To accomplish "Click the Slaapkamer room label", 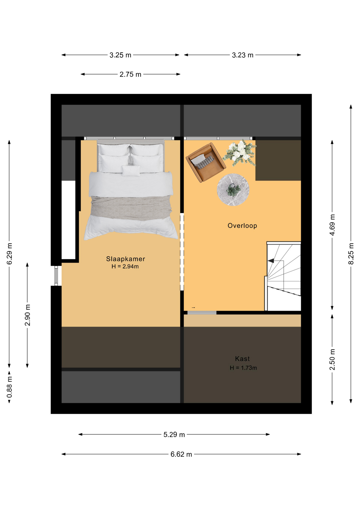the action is [125, 259].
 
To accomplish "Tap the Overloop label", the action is [242, 226].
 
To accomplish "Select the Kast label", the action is [242, 359].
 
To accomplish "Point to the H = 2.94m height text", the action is [125, 266].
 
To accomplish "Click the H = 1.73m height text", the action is [243, 368].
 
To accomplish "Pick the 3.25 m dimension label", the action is [120, 55].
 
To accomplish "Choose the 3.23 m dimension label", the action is [243, 55].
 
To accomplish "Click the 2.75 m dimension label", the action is [130, 74].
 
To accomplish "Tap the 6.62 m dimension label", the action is [181, 454].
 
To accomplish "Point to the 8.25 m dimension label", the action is [351, 254].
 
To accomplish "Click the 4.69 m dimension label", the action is [332, 225].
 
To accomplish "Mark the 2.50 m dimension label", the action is [332, 359].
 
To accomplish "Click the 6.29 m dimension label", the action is [9, 254].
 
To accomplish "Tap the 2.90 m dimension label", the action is [27, 315].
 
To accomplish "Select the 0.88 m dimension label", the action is [9, 388].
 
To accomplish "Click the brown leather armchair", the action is [206, 163].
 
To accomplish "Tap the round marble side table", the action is [233, 190].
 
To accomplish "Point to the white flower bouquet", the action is [240, 153].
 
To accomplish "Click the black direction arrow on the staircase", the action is [271, 261].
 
